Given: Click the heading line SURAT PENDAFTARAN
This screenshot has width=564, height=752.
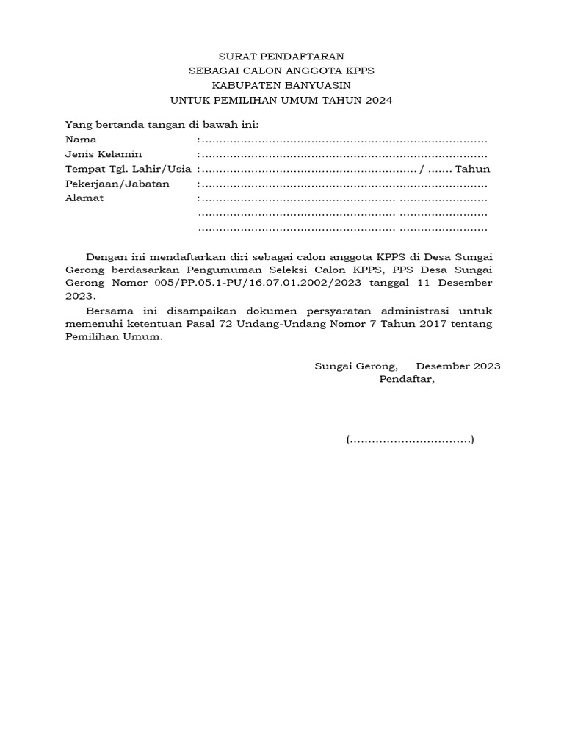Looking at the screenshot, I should point(282,56).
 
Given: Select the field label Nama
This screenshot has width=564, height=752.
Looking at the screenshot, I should point(81,140).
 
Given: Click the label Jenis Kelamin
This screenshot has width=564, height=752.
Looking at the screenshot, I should point(104,154).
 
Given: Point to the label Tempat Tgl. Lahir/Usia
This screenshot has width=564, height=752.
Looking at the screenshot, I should point(129,169).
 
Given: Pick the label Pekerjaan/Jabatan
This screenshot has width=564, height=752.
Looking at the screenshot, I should point(117,184).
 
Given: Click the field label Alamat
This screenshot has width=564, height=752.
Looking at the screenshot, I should point(84,198).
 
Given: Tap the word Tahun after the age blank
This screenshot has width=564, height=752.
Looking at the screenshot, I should point(473,169).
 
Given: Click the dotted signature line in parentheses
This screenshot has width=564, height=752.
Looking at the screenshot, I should point(411,441).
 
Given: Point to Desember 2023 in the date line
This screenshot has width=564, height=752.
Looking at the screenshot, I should point(458,366).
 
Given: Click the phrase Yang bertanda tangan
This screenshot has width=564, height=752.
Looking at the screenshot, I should point(117,125).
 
